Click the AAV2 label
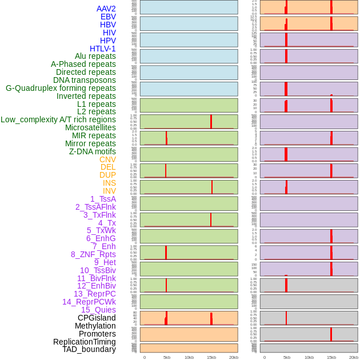point(106,9)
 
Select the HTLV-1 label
point(103,49)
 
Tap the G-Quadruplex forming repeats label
point(61,88)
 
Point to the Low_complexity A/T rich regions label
point(58,119)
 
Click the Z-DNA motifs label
point(93,151)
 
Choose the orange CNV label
point(107,159)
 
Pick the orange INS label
point(109,183)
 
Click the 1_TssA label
point(103,199)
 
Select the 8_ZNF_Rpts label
point(93,254)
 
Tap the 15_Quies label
point(98,310)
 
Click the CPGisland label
point(97,318)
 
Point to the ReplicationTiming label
point(85,342)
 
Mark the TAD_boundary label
point(89,349)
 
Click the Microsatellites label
point(90,127)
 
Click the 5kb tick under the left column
point(167,357)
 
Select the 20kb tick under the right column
point(354,357)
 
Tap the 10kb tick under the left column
point(189,357)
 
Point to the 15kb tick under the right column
point(331,357)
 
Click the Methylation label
point(95,326)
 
